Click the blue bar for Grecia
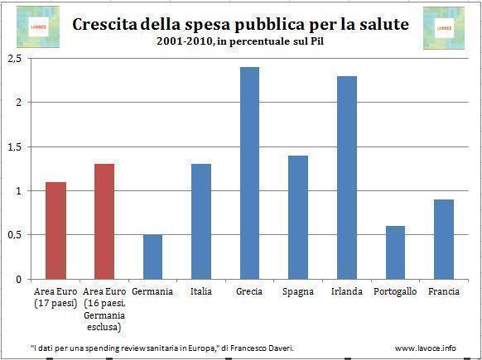(x=249, y=173)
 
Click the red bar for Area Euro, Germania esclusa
(x=104, y=221)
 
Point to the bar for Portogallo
(x=395, y=252)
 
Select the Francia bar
(x=443, y=239)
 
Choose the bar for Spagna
(x=298, y=217)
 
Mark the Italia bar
(x=201, y=221)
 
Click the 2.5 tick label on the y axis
(x=14, y=59)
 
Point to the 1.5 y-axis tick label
(x=14, y=147)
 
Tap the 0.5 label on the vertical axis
(x=14, y=235)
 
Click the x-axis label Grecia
(x=249, y=291)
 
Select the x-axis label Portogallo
(x=395, y=291)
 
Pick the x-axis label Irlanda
(x=347, y=291)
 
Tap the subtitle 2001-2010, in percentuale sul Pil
(x=240, y=42)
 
